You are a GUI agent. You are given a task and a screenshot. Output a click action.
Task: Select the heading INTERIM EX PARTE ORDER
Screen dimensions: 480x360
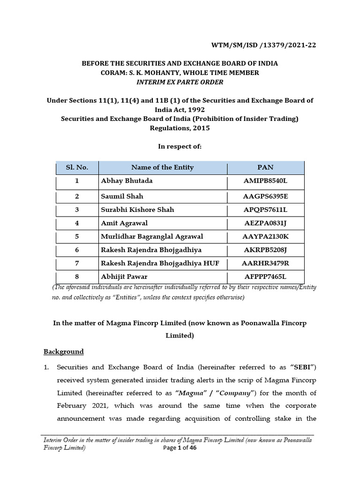(180, 82)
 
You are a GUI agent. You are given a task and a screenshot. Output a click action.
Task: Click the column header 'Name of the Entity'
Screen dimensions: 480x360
(162, 167)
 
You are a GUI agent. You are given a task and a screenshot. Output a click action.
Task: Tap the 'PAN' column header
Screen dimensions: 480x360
(265, 167)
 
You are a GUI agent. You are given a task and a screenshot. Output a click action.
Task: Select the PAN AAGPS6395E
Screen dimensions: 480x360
(265, 196)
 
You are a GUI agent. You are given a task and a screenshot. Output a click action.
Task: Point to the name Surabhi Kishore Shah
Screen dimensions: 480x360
(137, 210)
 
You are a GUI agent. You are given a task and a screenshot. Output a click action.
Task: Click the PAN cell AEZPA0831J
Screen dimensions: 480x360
(265, 223)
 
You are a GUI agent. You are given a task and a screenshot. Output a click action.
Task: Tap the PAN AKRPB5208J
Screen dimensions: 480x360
(265, 250)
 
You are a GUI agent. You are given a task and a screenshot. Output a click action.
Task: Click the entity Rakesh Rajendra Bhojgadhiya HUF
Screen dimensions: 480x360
(157, 263)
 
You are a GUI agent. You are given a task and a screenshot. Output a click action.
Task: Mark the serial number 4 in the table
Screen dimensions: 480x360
(76, 223)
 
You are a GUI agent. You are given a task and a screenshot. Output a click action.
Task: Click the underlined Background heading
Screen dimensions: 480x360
(64, 352)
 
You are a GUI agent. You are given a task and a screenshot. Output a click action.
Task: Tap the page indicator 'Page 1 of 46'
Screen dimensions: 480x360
(180, 448)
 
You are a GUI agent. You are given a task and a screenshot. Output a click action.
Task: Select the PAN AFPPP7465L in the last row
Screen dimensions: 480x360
(265, 277)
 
